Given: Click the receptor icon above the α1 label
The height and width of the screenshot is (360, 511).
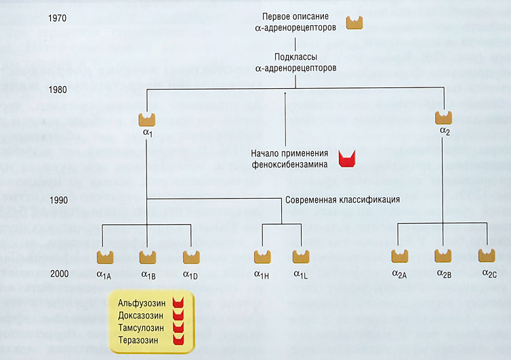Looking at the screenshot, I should coord(148,119).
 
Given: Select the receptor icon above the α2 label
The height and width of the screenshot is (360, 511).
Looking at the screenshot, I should coord(445,117).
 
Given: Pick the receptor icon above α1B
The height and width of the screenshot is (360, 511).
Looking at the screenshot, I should coord(148,257).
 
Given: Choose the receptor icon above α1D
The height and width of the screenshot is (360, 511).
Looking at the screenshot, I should coord(192,257).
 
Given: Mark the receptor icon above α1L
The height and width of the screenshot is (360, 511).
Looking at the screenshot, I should coord(301,257).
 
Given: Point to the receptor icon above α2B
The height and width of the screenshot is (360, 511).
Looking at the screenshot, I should coord(443,256).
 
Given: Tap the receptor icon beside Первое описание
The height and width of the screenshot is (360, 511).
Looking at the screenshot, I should coord(356,22).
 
